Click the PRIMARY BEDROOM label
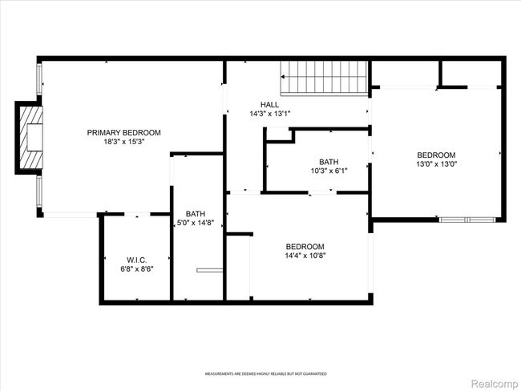[124, 133]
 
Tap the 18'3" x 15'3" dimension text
[124, 143]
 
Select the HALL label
[269, 105]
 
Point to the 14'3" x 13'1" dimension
[269, 114]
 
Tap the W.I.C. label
[135, 260]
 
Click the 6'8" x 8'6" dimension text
[135, 269]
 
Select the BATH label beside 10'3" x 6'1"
[329, 161]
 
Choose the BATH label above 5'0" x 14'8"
[196, 214]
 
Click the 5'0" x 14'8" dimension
[196, 224]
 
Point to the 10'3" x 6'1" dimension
[329, 170]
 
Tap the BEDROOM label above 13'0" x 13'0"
[436, 155]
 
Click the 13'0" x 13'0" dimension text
[436, 164]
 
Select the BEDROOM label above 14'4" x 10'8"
[305, 246]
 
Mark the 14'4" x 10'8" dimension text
[305, 256]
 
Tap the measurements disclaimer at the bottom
[265, 374]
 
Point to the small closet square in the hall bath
[278, 135]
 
